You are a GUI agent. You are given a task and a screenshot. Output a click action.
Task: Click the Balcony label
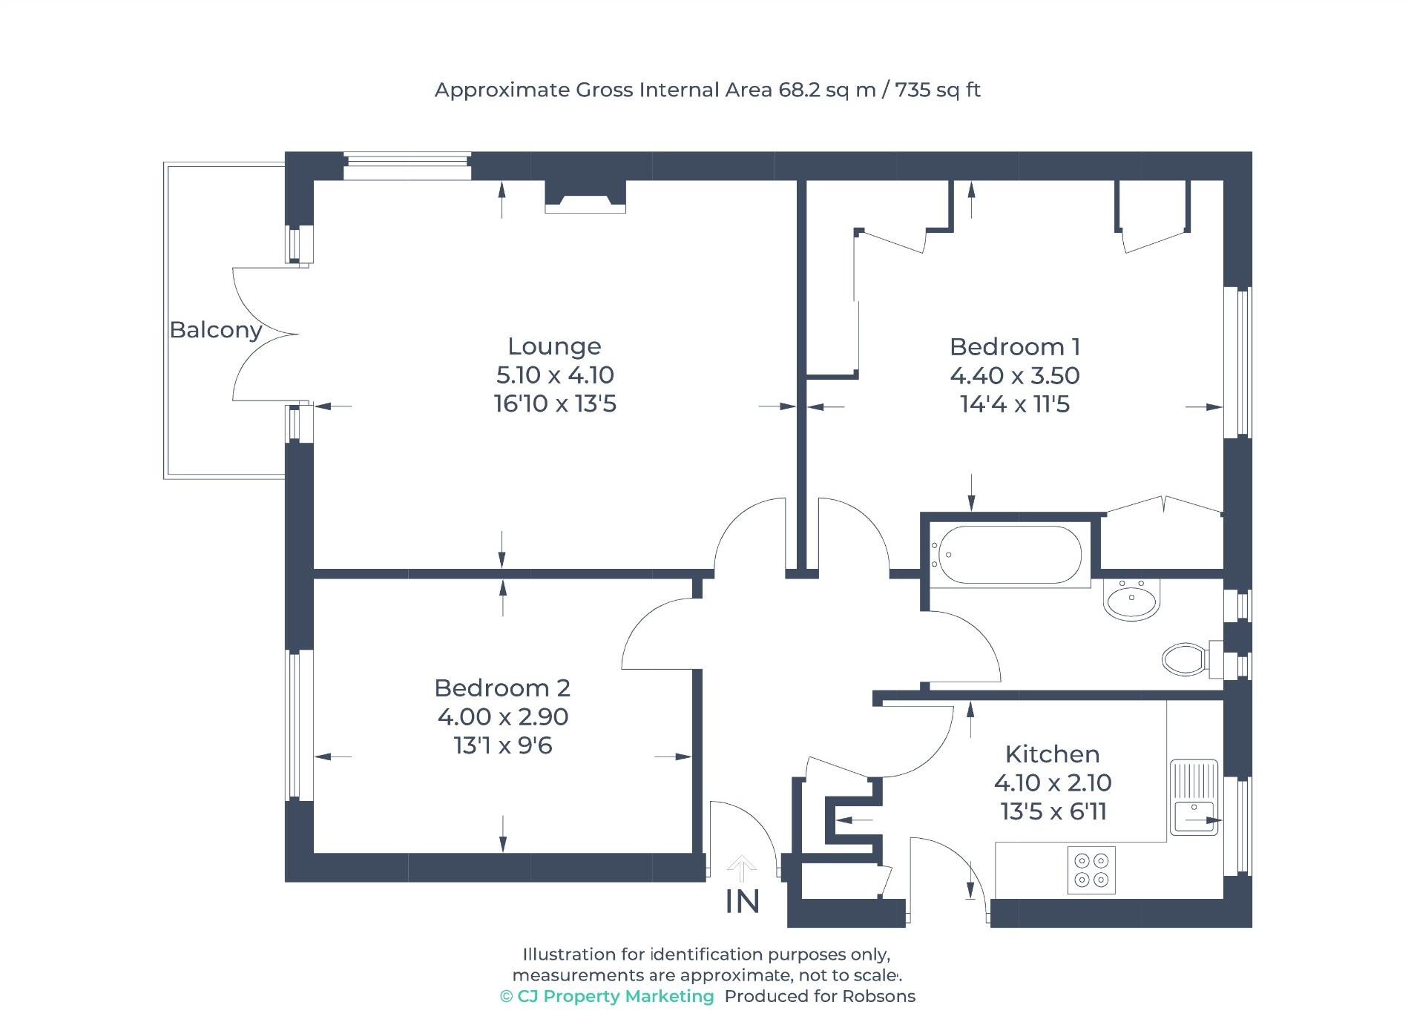(215, 329)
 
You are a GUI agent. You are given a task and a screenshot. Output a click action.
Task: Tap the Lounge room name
(553, 346)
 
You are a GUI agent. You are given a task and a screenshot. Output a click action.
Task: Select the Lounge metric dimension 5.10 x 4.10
(554, 375)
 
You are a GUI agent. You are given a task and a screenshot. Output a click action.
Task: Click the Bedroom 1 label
(1014, 347)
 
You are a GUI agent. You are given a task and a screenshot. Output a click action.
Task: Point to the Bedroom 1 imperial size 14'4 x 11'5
(1014, 404)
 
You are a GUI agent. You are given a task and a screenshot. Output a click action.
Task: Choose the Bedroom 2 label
(502, 688)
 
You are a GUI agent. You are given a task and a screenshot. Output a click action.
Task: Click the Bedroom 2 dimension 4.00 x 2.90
(502, 717)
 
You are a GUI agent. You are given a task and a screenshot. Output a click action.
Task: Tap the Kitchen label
(1051, 754)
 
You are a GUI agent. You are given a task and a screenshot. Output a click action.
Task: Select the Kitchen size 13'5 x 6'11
(1053, 812)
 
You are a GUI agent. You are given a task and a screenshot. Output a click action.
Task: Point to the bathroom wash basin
(1131, 599)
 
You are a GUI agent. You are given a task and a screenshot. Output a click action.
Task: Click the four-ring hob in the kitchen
(1091, 870)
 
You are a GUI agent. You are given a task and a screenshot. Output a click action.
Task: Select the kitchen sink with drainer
(1193, 797)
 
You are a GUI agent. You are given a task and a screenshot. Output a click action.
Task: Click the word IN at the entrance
(742, 903)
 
